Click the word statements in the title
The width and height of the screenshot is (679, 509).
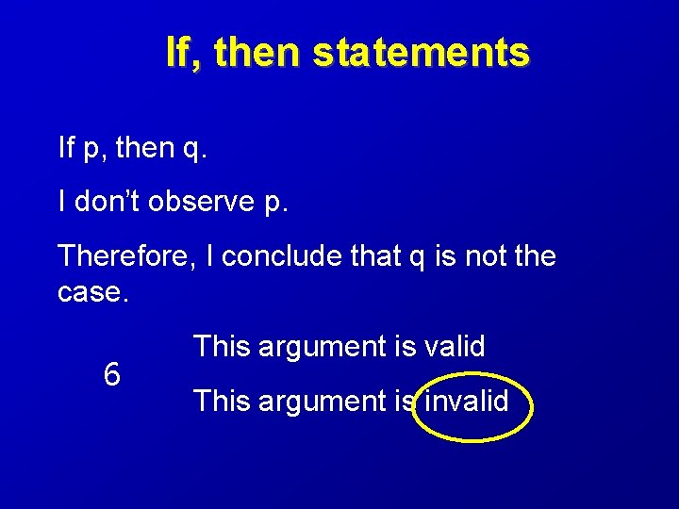point(421,53)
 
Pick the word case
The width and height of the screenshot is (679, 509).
point(90,293)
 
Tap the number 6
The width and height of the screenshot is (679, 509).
point(111,375)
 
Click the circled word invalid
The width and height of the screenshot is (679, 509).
point(467,402)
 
